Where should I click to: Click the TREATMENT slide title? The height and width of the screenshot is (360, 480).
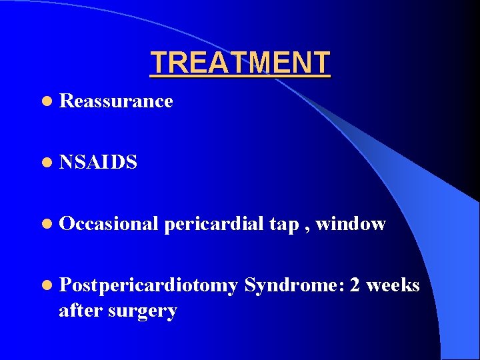pos(240,63)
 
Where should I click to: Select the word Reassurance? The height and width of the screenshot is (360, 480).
pos(116,101)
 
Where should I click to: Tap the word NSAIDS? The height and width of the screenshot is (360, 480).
pos(98,163)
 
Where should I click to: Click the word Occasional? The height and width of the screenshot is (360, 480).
pos(107,224)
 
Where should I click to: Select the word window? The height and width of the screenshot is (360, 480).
pos(351,224)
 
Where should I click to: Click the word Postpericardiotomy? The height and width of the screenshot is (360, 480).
pos(148,286)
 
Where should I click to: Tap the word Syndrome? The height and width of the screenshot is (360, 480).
pos(294,286)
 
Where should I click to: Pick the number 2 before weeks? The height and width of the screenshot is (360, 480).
pos(355,286)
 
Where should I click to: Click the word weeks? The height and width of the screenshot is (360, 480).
pos(393,286)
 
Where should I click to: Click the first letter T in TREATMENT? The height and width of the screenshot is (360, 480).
pos(158,63)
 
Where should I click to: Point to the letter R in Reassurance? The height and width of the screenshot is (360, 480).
pos(65,101)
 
